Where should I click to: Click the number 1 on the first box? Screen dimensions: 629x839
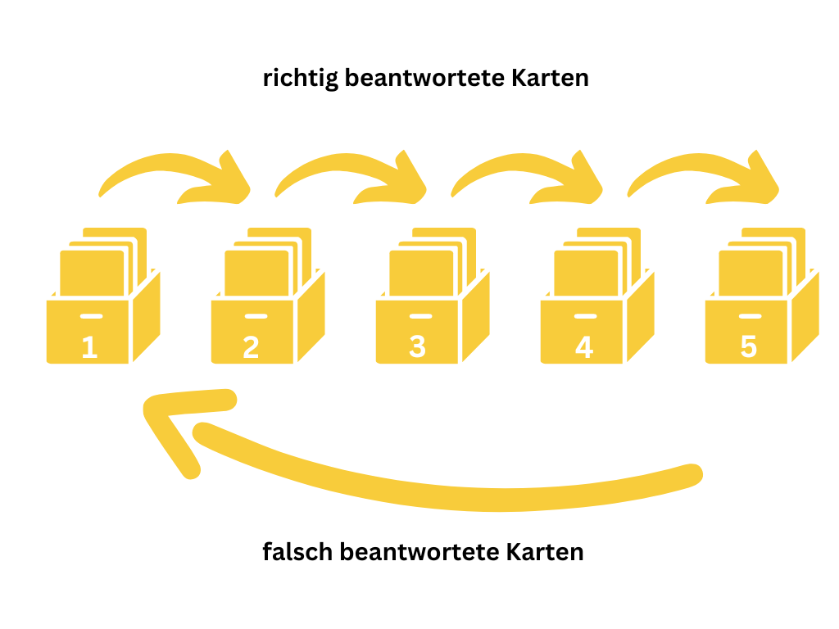tap(90, 347)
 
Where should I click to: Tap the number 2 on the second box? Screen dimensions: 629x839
tap(252, 347)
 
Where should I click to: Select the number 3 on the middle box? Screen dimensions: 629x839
tap(418, 347)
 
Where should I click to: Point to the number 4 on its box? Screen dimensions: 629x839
tap(583, 347)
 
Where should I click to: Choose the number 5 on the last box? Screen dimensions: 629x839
tap(748, 347)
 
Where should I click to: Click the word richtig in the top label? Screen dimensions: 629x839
tap(300, 79)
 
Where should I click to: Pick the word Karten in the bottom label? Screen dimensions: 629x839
tap(544, 551)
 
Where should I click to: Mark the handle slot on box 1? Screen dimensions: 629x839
tap(91, 316)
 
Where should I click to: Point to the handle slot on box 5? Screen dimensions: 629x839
tap(749, 316)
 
